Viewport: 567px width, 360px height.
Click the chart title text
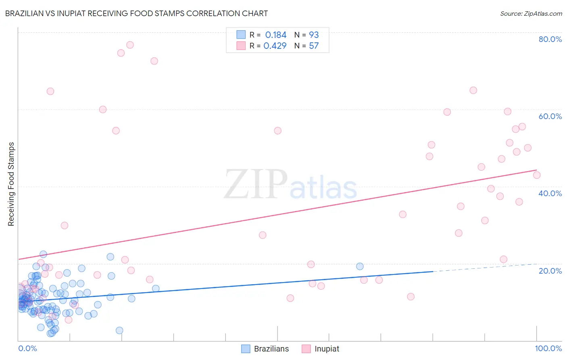pyautogui.click(x=136, y=13)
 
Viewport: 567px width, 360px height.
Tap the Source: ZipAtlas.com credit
pyautogui.click(x=531, y=13)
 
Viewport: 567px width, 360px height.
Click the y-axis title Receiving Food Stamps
pyautogui.click(x=11, y=184)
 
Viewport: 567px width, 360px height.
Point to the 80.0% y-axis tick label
pyautogui.click(x=550, y=39)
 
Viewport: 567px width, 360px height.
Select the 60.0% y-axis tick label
pyautogui.click(x=550, y=116)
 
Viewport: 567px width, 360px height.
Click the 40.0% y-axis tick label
pyautogui.click(x=550, y=193)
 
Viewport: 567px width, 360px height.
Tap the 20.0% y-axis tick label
pyautogui.click(x=550, y=270)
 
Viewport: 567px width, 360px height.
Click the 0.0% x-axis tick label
pyautogui.click(x=27, y=348)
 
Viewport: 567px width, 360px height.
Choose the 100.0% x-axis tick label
pyautogui.click(x=548, y=348)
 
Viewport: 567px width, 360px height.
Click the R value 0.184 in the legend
pyautogui.click(x=276, y=35)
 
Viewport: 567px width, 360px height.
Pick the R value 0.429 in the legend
pyautogui.click(x=275, y=46)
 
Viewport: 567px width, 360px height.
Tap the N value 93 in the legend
pyautogui.click(x=314, y=35)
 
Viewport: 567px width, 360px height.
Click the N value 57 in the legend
pyautogui.click(x=314, y=46)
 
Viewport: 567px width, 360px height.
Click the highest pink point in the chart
pyautogui.click(x=130, y=45)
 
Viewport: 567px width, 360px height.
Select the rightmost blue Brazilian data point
pyautogui.click(x=360, y=266)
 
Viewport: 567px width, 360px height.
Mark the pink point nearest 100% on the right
pyautogui.click(x=536, y=175)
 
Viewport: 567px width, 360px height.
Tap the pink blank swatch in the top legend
pyautogui.click(x=241, y=46)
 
